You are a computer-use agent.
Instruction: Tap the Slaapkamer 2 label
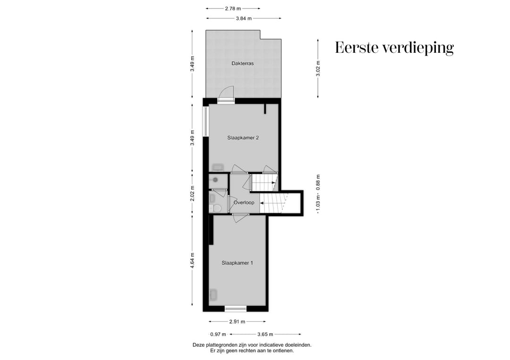click(x=243, y=138)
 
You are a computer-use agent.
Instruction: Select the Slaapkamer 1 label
click(x=237, y=263)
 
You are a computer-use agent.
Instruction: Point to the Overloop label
click(x=244, y=202)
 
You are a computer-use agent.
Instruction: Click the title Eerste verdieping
click(x=394, y=48)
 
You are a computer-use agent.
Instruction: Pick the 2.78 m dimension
click(x=232, y=8)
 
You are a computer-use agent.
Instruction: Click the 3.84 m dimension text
click(x=244, y=18)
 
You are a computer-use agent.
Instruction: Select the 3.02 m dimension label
click(x=318, y=69)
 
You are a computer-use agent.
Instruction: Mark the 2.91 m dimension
click(x=238, y=322)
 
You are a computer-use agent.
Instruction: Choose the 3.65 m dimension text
click(x=265, y=334)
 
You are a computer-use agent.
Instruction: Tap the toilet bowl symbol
click(x=217, y=208)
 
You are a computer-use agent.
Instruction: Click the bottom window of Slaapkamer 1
click(x=236, y=309)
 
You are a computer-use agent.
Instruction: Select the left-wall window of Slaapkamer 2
click(x=206, y=122)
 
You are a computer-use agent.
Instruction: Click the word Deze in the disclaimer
click(x=199, y=345)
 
